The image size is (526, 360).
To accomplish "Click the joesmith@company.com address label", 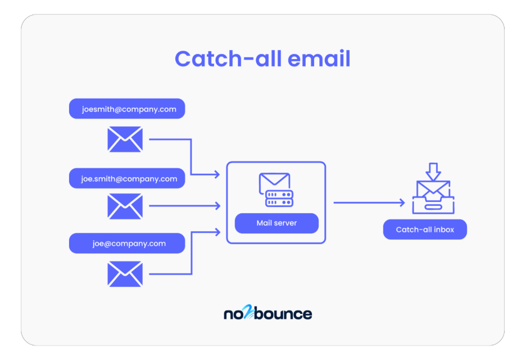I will [127, 109].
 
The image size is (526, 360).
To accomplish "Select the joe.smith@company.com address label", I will [127, 179].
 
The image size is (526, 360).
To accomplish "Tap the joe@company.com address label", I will [127, 244].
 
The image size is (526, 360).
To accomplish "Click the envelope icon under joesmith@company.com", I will [125, 139].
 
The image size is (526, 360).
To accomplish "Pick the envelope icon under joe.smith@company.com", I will [125, 206].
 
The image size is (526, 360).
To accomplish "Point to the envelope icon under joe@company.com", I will [125, 274].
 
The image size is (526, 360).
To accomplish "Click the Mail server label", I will [276, 223].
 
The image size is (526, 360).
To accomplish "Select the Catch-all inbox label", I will [425, 229].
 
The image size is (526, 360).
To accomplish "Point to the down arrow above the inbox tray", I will [433, 171].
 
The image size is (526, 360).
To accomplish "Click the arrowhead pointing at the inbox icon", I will [401, 202].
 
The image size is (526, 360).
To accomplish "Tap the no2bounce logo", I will [267, 313].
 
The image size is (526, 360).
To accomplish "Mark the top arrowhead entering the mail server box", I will [216, 175].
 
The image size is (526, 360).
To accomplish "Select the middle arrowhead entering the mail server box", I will [216, 206].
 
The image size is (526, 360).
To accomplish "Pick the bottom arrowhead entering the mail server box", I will [216, 231].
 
